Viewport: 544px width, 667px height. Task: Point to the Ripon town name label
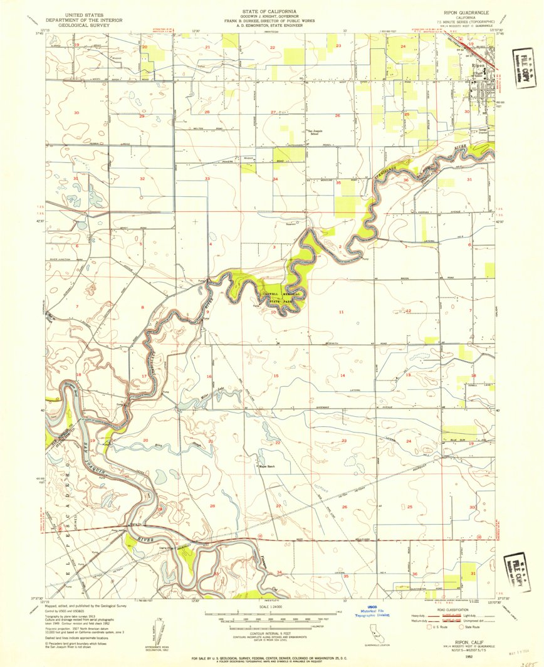coord(479,65)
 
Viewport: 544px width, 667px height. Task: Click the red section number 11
coord(342,312)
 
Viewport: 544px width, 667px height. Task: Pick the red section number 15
coord(276,375)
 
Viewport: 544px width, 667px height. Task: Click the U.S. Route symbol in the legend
coord(429,626)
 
